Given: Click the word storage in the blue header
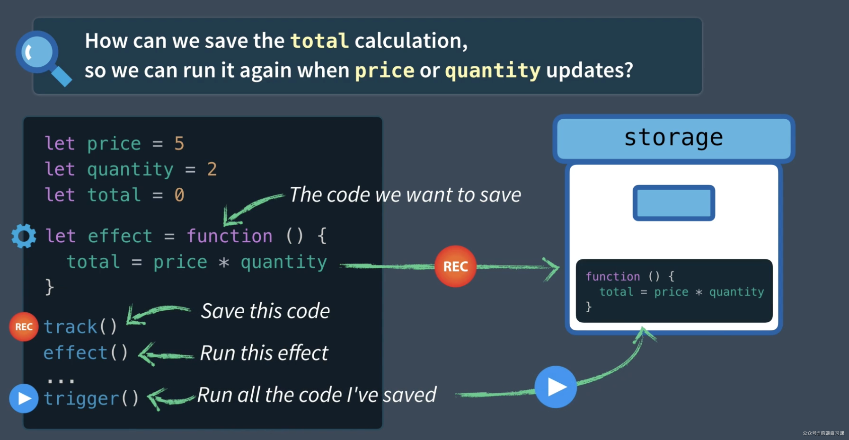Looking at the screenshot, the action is pyautogui.click(x=673, y=138).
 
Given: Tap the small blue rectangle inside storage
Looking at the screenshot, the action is pyautogui.click(x=673, y=203).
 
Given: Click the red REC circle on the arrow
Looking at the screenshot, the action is pyautogui.click(x=455, y=266).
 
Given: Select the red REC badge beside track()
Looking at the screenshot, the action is pyautogui.click(x=24, y=326).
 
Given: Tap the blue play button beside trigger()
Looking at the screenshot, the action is pyautogui.click(x=24, y=398).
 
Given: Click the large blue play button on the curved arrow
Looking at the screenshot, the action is pyautogui.click(x=556, y=387).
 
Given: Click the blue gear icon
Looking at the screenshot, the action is pyautogui.click(x=24, y=236).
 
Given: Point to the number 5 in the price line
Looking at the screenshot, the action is pyautogui.click(x=179, y=143).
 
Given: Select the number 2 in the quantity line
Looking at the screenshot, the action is pyautogui.click(x=212, y=169).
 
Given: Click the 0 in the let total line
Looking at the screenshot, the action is pyautogui.click(x=179, y=194).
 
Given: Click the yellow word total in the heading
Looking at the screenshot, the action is pyautogui.click(x=319, y=41).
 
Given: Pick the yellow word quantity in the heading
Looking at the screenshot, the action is pyautogui.click(x=493, y=71).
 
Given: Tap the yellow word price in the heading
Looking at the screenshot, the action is pyautogui.click(x=385, y=71).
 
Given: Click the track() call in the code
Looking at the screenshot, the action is pyautogui.click(x=80, y=326).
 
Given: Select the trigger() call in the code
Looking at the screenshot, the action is pyautogui.click(x=91, y=398).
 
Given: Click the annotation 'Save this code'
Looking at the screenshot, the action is pyautogui.click(x=265, y=311).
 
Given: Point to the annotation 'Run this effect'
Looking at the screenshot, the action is pyautogui.click(x=264, y=353).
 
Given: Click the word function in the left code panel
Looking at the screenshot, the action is pyautogui.click(x=230, y=236).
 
